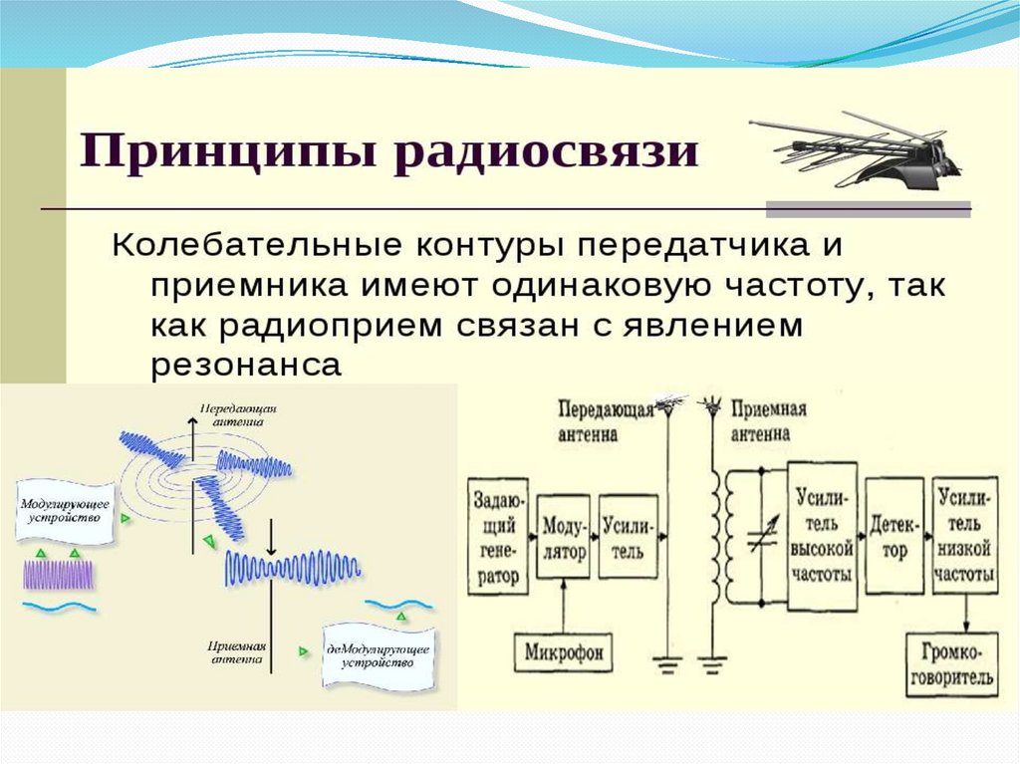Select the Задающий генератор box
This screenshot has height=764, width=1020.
496,535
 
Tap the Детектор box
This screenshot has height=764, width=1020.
894,536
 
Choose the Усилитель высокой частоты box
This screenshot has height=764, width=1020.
822,535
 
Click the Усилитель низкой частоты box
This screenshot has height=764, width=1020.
965,535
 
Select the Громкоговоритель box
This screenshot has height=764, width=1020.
951,664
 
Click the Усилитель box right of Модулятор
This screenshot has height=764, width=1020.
629,536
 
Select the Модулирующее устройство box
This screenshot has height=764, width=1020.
62,507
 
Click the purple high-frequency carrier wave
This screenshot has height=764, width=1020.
59,575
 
